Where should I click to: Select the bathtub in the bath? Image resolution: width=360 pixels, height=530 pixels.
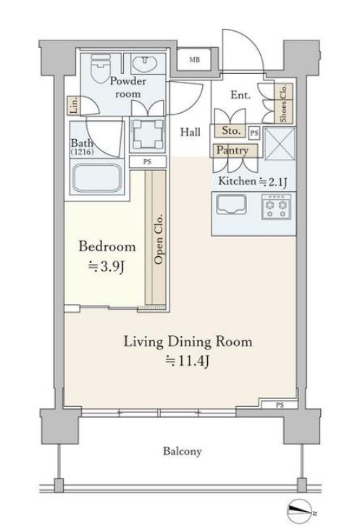[96, 178]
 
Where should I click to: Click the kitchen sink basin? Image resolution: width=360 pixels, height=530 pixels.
[231, 205]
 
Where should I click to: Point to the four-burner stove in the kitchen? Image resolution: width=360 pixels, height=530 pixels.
[276, 206]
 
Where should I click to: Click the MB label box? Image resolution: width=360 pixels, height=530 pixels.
[194, 60]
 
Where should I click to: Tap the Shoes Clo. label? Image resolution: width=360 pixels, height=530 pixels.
[283, 103]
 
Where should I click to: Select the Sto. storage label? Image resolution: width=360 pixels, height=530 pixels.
[231, 131]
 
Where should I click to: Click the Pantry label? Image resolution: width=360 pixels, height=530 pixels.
[233, 150]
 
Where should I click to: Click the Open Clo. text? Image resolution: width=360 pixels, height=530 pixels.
[158, 239]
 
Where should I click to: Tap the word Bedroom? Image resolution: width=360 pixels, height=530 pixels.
[107, 246]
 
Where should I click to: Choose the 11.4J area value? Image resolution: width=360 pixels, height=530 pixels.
[187, 361]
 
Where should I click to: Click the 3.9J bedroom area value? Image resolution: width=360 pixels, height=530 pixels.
[106, 267]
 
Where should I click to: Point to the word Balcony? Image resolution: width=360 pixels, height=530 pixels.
[183, 451]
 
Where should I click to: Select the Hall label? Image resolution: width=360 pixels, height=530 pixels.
[191, 132]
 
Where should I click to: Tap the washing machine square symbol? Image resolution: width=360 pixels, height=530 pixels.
[147, 133]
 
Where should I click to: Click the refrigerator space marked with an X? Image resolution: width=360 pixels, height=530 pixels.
[280, 143]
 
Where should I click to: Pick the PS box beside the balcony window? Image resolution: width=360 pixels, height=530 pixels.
[279, 405]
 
